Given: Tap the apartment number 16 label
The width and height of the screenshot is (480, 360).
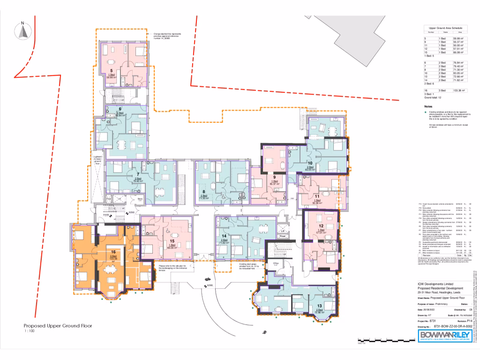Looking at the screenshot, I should click(x=113, y=252).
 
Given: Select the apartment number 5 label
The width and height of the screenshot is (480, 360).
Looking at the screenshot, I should click(x=111, y=70).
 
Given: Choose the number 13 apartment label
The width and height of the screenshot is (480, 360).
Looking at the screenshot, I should click(x=320, y=306).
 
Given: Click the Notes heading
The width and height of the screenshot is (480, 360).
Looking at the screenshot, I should click(x=428, y=106).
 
